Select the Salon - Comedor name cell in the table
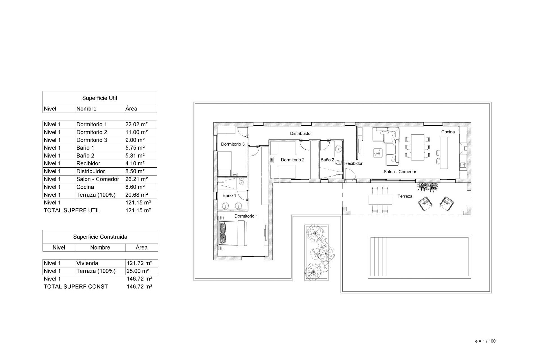tap(98, 179)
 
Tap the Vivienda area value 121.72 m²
tap(139, 263)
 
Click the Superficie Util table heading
tap(100, 98)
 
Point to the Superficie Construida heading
tap(100, 237)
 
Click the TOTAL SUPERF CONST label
tap(76, 287)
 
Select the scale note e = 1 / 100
tap(485, 341)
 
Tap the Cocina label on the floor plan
tap(448, 132)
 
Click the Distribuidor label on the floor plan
tap(301, 134)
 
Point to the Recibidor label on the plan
tap(353, 163)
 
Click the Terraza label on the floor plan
tap(405, 196)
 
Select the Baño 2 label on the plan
tap(327, 160)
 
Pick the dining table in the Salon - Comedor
tap(417, 147)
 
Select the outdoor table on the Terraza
tap(380, 200)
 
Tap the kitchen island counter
tap(444, 153)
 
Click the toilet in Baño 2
tap(338, 162)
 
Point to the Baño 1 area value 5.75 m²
tap(135, 148)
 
